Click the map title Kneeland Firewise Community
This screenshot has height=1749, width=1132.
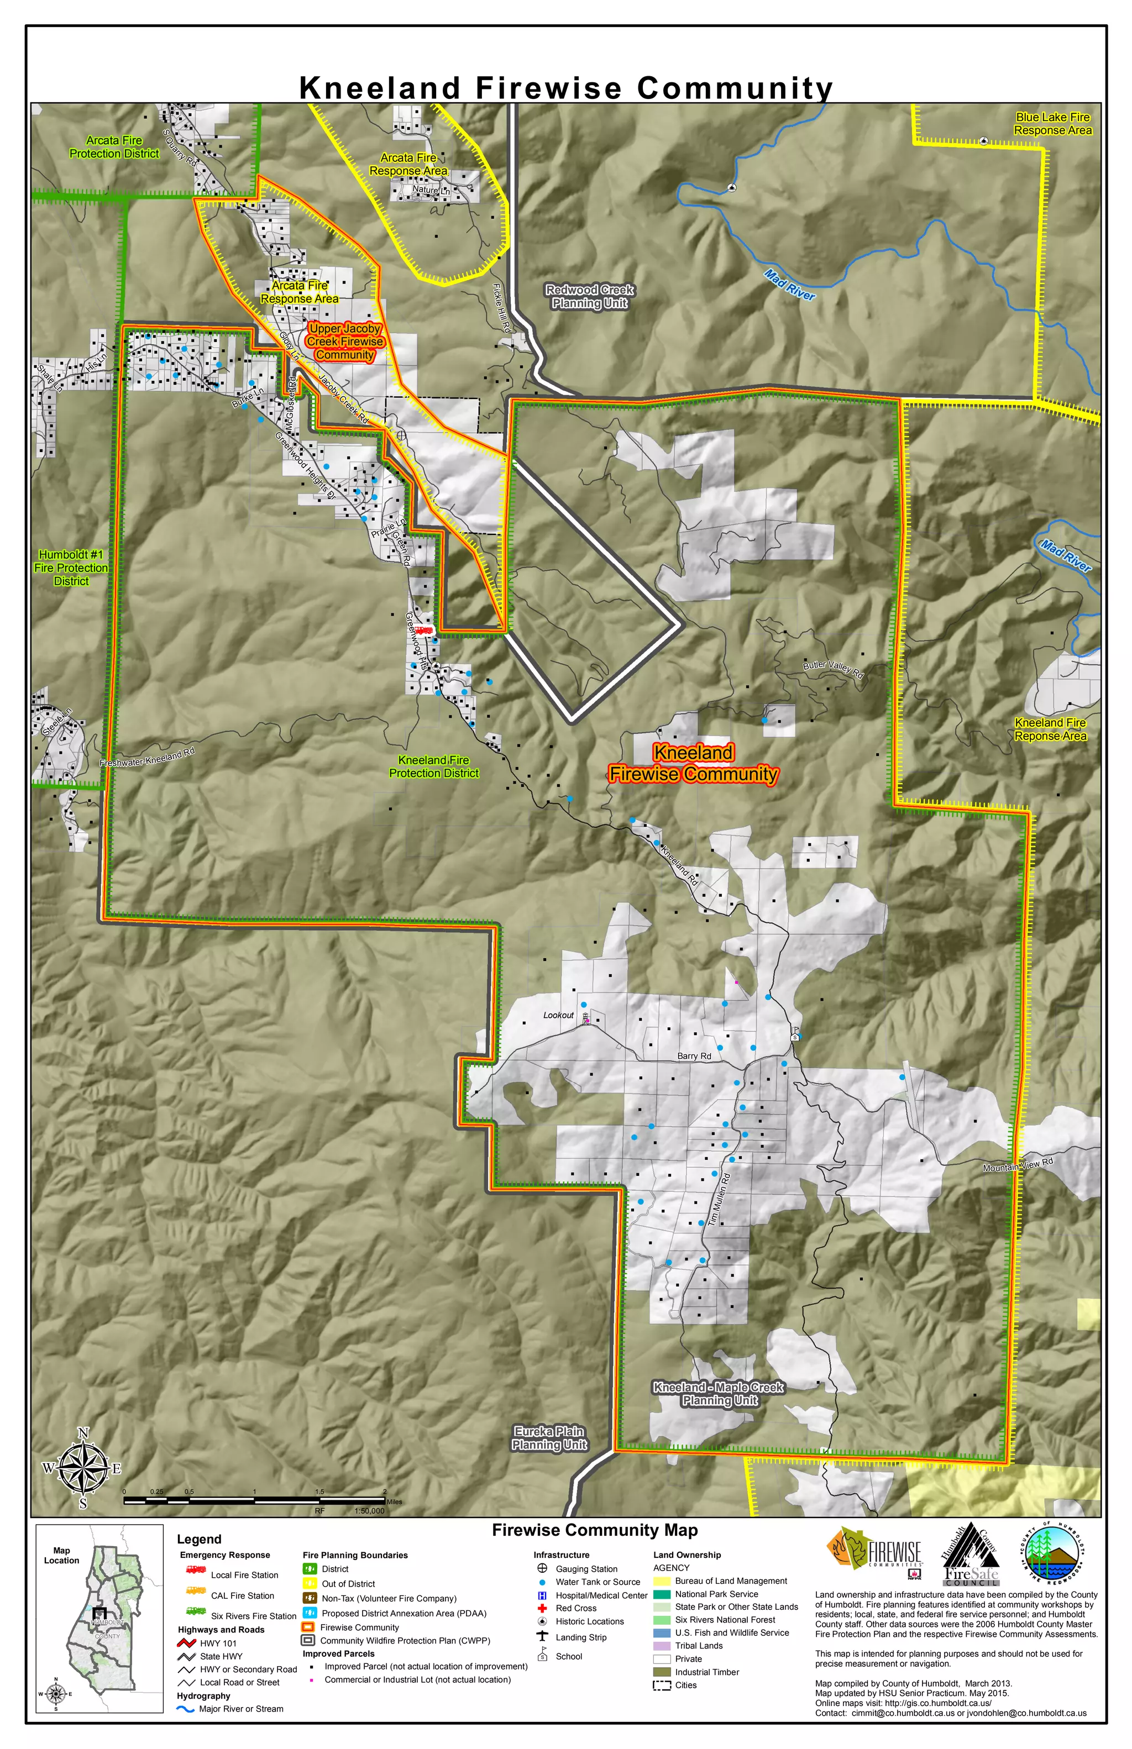[x=566, y=88]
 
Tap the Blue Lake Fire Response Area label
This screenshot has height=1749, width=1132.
[x=1052, y=123]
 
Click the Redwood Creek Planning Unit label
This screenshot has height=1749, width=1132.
[x=590, y=296]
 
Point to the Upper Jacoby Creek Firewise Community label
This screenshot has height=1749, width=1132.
[x=345, y=342]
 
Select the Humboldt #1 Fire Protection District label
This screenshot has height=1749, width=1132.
[x=71, y=568]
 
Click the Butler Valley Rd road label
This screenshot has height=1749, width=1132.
[x=833, y=668]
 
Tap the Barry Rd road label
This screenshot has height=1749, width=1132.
[x=694, y=1056]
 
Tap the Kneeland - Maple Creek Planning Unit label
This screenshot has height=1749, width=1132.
[x=719, y=1393]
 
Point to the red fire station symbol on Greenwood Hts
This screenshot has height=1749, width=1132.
[x=423, y=631]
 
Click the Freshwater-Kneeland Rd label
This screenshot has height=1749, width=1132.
[x=147, y=758]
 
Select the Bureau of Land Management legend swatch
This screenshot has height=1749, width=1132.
[x=662, y=1580]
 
